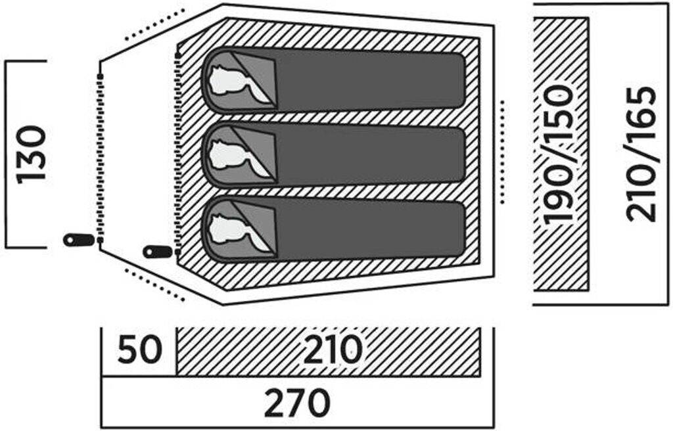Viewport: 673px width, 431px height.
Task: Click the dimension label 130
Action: click(32, 154)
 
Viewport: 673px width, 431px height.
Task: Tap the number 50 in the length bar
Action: click(139, 350)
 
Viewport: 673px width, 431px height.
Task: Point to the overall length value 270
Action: click(297, 403)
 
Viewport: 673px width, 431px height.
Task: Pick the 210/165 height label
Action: click(641, 154)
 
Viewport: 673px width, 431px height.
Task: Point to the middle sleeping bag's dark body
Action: click(371, 155)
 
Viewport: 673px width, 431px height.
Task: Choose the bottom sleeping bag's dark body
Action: click(371, 229)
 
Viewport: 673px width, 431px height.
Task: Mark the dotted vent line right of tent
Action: click(502, 152)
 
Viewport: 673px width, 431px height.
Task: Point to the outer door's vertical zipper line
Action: click(100, 154)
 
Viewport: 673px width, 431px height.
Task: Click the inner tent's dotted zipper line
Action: click(178, 151)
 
